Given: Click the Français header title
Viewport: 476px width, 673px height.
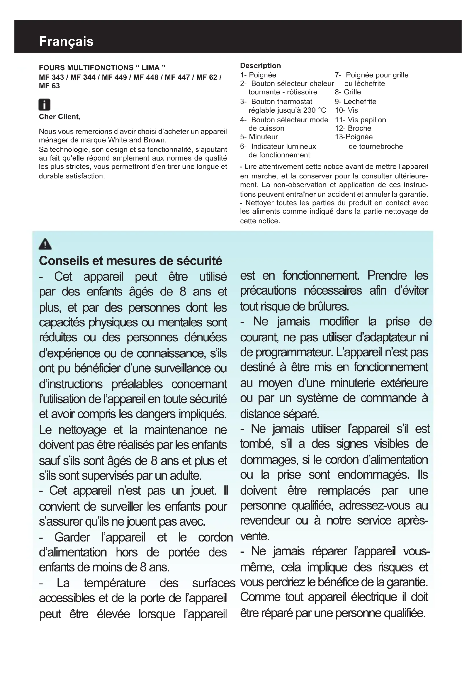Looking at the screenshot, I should coord(66,41).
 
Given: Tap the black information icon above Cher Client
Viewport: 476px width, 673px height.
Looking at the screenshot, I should coord(44,105).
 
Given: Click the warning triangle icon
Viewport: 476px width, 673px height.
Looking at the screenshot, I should coord(45,244).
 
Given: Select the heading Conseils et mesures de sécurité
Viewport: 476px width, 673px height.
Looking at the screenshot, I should coord(130,261).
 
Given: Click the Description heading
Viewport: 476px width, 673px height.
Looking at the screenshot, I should coord(260,65).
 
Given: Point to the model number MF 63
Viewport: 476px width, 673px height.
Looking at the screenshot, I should coord(49,86).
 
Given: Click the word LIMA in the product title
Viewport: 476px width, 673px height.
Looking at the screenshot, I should coord(151,68).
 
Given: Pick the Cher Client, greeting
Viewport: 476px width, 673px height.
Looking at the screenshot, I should coord(60,117).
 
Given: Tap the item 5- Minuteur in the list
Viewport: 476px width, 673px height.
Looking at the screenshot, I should coord(259,137).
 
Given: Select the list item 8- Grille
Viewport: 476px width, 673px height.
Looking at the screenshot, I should coord(348,92).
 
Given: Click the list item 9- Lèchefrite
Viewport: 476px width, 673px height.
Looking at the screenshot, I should coord(355,102).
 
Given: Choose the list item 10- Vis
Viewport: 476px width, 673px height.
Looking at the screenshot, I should coord(346,110).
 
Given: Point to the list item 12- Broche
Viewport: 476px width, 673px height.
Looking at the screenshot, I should coord(353,128).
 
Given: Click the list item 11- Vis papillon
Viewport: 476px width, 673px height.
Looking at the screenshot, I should coord(361,120).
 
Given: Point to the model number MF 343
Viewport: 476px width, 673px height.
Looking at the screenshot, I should coord(51,77).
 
